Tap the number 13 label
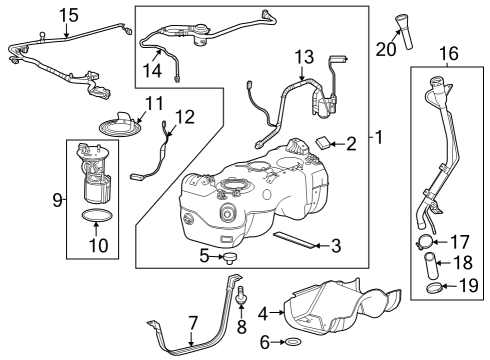click(x=302, y=56)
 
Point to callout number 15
click(x=68, y=14)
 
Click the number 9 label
click(x=55, y=199)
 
